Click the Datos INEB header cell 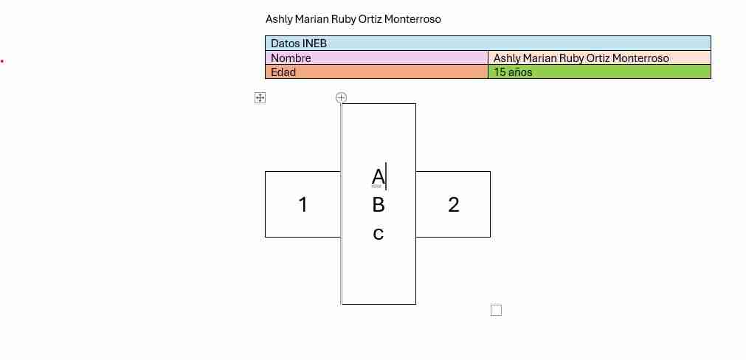click(488, 44)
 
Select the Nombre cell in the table click(376, 58)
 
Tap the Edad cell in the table click(376, 72)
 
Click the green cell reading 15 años click(599, 72)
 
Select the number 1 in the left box click(303, 204)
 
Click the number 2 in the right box click(453, 204)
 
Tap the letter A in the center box click(379, 177)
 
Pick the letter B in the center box click(379, 205)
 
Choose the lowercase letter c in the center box click(379, 234)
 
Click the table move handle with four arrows click(260, 98)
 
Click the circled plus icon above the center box click(341, 98)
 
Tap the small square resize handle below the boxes click(496, 311)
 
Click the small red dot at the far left click(2, 61)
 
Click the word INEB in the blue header click(314, 44)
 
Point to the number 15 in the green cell click(499, 72)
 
